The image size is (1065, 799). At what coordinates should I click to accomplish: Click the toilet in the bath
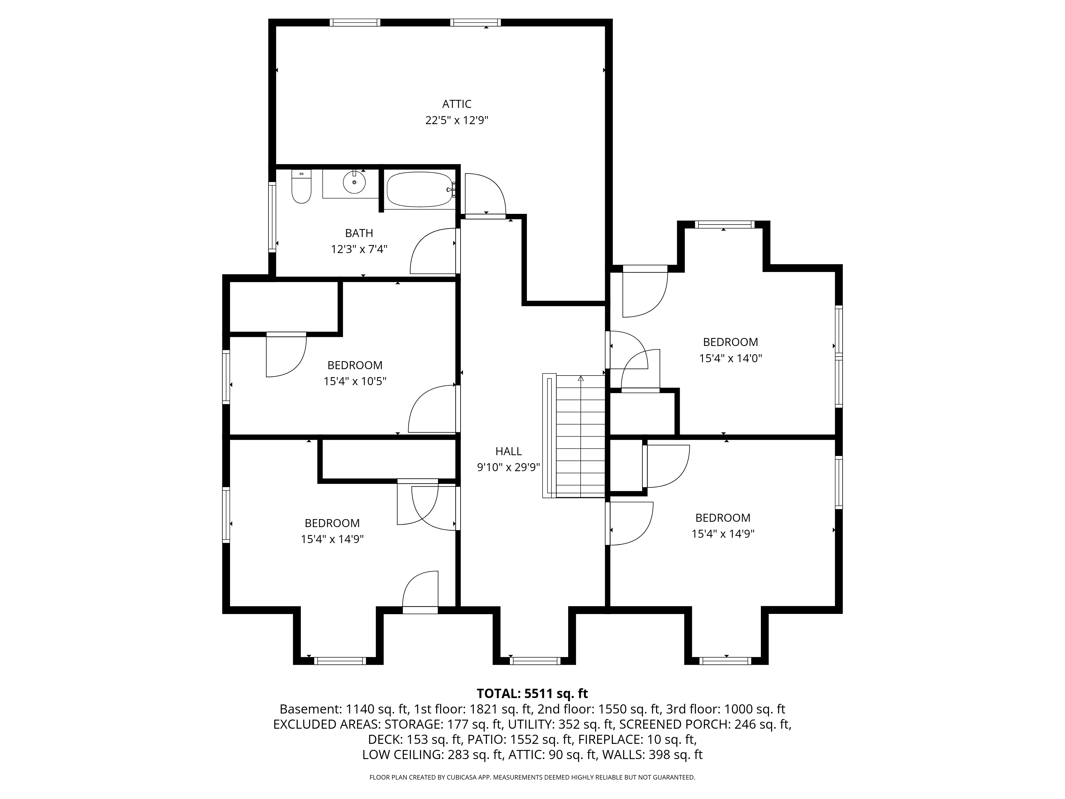[301, 187]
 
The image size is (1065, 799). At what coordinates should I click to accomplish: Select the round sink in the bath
[354, 182]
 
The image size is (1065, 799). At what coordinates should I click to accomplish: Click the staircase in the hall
[574, 436]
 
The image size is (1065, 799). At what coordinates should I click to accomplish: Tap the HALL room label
[509, 451]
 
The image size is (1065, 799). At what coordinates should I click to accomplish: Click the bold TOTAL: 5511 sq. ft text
[532, 694]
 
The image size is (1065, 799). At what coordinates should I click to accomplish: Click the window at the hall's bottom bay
[535, 661]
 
